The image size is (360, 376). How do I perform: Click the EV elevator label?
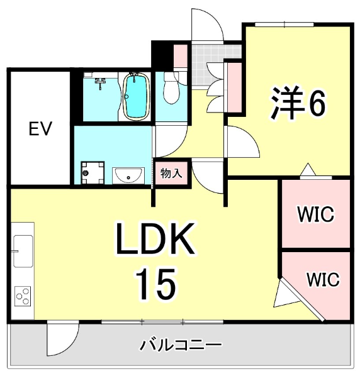pyautogui.click(x=40, y=129)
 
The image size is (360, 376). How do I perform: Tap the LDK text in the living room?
pyautogui.click(x=155, y=239)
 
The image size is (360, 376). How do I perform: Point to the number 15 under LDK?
pyautogui.click(x=156, y=284)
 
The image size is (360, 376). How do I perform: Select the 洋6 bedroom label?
pyautogui.click(x=298, y=102)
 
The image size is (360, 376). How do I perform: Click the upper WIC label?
pyautogui.click(x=315, y=214)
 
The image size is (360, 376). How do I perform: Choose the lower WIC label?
pyautogui.click(x=323, y=279)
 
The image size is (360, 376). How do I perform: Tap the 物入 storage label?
pyautogui.click(x=171, y=173)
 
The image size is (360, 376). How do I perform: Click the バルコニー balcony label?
pyautogui.click(x=181, y=345)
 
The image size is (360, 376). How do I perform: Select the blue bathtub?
pyautogui.click(x=136, y=96)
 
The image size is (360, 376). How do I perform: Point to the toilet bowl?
pyautogui.click(x=171, y=88)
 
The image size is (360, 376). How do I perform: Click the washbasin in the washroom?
pyautogui.click(x=128, y=175)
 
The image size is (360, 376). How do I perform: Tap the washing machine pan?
pyautogui.click(x=93, y=173)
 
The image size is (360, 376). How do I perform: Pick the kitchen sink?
pyautogui.click(x=23, y=251)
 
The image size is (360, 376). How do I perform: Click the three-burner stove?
pyautogui.click(x=23, y=296)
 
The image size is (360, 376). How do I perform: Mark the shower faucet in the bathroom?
pyautogui.click(x=101, y=83)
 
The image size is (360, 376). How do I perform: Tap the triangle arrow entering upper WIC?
pyautogui.click(x=308, y=170)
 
